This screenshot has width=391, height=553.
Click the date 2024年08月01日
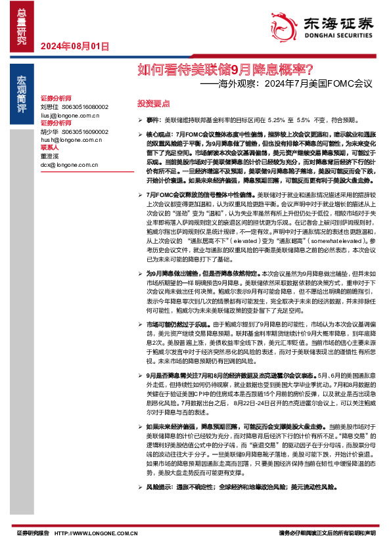[x=74, y=46]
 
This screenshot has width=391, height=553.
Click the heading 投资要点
[x=153, y=103]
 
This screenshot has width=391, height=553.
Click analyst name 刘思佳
[x=49, y=106]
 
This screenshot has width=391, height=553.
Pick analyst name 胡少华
[x=49, y=132]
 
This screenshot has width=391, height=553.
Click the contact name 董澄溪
[x=49, y=157]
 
